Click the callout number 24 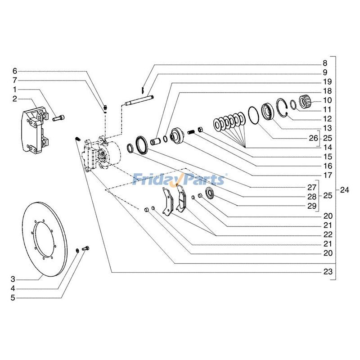pos(344,189)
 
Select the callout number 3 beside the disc pos(13,279)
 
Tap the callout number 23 pos(327,272)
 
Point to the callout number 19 pos(327,82)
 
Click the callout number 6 pos(14,71)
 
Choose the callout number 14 pos(327,147)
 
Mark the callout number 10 pos(327,100)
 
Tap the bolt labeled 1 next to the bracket pos(58,118)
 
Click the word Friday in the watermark pos(155,180)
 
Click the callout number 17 pos(327,175)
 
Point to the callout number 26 pos(312,138)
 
